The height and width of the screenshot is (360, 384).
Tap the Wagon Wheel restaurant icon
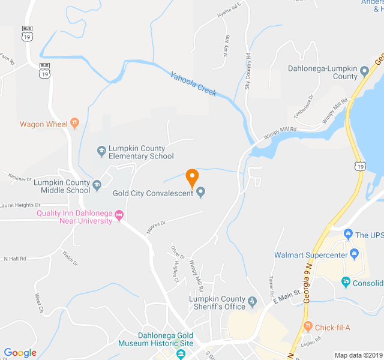(74, 124)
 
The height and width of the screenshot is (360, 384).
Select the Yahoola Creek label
(193, 85)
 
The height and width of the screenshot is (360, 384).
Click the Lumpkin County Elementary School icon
(101, 150)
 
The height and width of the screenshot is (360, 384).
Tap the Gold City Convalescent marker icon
(201, 193)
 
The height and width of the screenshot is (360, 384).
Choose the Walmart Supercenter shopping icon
(354, 254)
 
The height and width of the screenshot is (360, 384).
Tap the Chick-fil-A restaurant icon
(308, 326)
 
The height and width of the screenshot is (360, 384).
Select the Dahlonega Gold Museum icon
(181, 355)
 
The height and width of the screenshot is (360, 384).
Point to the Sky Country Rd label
(247, 72)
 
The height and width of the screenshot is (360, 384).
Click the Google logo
(20, 353)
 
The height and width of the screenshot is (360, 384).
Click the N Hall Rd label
(16, 259)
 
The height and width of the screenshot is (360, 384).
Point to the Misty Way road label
(226, 44)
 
